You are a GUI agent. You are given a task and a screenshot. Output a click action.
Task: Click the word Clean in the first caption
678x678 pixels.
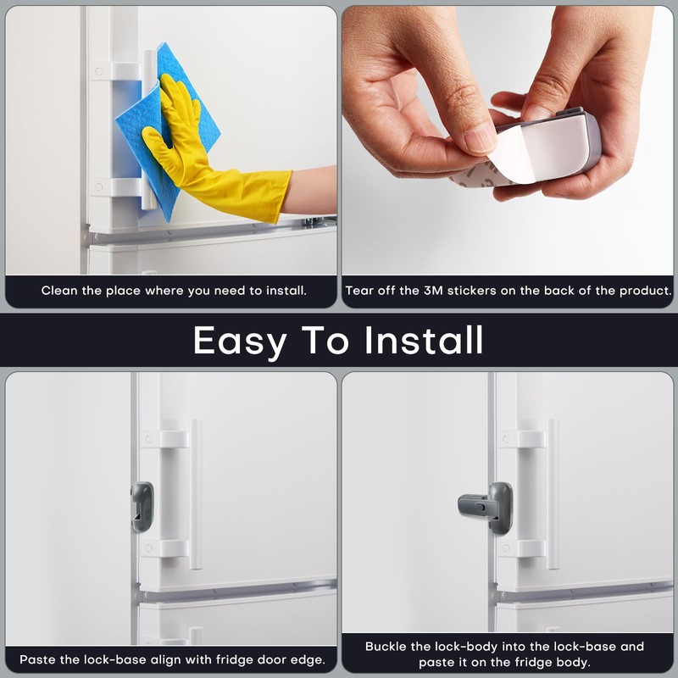coord(59,291)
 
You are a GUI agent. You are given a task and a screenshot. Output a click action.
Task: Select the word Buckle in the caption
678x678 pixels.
coord(386,647)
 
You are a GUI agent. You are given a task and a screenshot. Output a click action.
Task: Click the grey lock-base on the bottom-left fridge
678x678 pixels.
coord(142,507)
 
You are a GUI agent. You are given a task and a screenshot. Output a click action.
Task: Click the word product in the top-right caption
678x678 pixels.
coord(643,291)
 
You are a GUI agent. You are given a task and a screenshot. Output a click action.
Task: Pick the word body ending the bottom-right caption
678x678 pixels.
coord(572,663)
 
